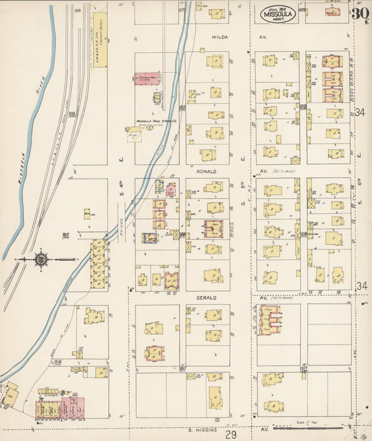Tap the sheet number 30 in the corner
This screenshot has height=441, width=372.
click(360, 13)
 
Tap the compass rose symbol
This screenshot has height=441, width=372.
click(41, 260)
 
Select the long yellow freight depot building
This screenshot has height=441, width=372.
click(99, 39)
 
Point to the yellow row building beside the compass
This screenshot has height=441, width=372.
click(98, 264)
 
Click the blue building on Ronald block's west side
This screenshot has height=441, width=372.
click(149, 238)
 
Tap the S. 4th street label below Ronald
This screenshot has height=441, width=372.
click(121, 207)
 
